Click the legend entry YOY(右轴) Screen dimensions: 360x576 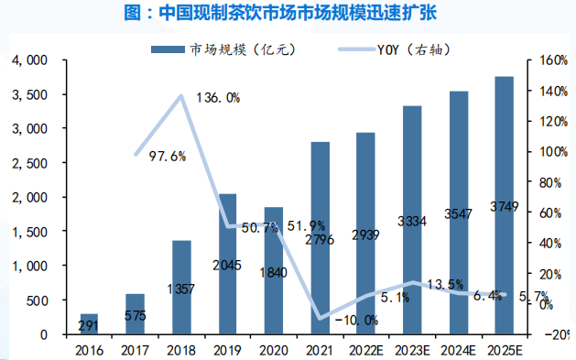click(394, 49)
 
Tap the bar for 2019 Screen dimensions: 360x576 click(229, 265)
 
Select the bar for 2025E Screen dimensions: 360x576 click(504, 206)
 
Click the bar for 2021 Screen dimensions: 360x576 click(321, 239)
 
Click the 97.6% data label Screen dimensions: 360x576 click(168, 156)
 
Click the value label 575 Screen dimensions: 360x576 click(135, 316)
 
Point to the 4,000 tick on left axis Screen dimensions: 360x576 click(30, 60)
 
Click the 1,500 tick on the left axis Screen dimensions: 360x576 click(30, 232)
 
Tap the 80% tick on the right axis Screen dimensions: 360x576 click(550, 182)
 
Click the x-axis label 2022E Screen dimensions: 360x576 click(365, 349)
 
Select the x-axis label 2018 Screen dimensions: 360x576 click(181, 349)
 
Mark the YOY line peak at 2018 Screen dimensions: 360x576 click(182, 95)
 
